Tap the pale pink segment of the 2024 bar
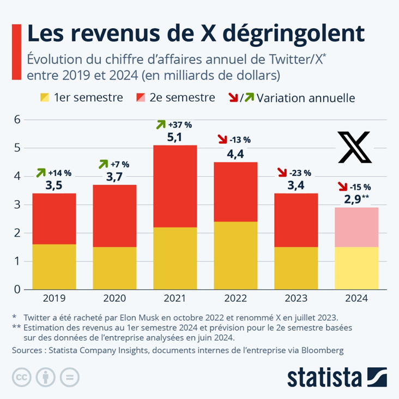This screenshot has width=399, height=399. tap(356, 227)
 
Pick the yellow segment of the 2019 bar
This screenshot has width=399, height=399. tap(53, 267)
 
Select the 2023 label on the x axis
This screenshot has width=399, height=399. tap(295, 298)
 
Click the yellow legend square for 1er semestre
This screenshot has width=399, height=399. tap(45, 98)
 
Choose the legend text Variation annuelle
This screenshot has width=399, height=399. tap(306, 98)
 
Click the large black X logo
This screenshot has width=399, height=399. tap(354, 147)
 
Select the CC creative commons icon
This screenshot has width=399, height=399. tap(22, 377)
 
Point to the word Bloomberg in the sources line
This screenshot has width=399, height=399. tap(318, 350)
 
